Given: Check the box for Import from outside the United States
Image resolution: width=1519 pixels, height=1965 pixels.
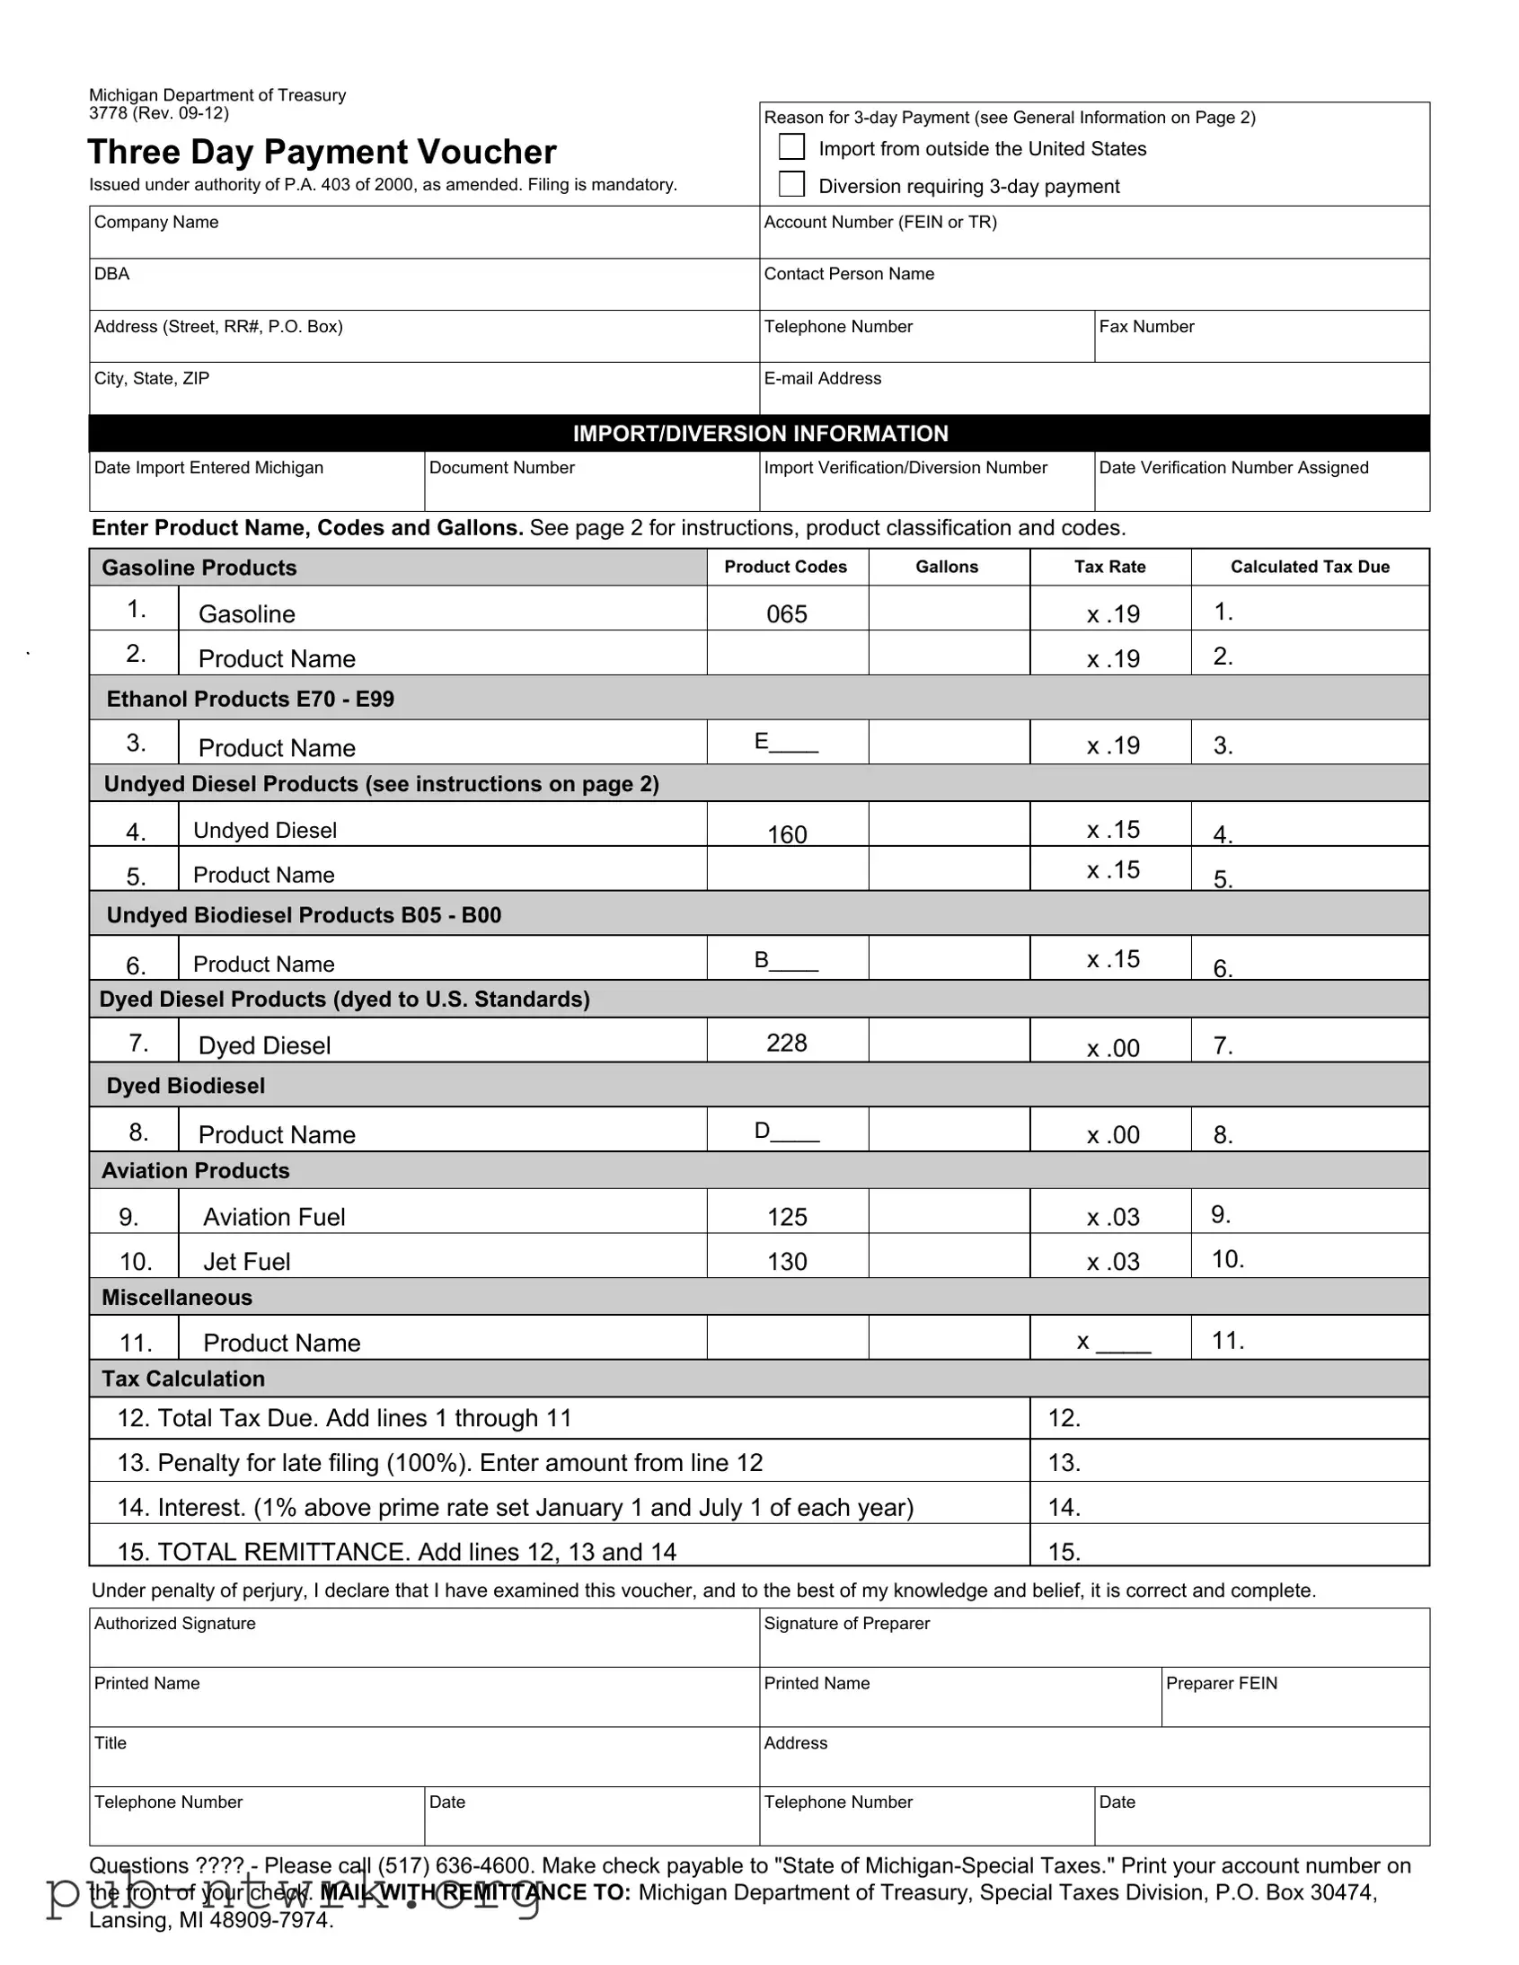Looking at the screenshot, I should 791,146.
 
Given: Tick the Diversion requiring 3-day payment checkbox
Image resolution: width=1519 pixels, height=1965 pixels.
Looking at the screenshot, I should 791,184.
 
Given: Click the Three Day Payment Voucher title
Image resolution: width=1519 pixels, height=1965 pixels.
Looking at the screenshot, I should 322,152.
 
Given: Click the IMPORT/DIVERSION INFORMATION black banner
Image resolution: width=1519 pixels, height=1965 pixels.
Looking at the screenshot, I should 760,434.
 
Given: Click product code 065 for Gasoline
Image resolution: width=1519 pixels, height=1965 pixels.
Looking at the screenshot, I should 787,614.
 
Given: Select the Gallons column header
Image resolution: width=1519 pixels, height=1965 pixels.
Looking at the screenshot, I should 947,567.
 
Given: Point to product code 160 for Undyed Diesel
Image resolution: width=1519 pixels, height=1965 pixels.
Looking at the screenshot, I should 787,834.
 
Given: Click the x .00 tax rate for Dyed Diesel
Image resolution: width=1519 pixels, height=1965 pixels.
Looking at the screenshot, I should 1112,1048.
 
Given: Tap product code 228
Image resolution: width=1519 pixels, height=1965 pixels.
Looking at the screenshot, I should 787,1043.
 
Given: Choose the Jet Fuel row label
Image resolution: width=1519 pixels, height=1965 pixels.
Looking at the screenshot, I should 246,1262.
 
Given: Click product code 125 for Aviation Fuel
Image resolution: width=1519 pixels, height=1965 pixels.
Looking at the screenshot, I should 787,1217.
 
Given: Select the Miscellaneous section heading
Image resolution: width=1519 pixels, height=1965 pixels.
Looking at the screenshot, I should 177,1298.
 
